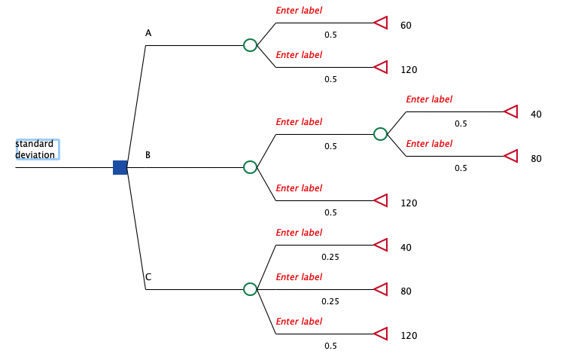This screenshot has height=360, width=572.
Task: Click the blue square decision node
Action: pos(120,167)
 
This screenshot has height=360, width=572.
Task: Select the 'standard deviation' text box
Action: pos(36,149)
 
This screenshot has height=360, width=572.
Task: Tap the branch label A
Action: pos(148,33)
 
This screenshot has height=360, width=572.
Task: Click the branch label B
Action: pos(148,155)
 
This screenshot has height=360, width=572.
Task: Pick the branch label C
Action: pos(148,277)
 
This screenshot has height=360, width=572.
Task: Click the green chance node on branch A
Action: pos(251,45)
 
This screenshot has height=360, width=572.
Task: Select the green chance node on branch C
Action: pos(251,289)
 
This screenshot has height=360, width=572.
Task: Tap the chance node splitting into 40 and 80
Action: pos(381,134)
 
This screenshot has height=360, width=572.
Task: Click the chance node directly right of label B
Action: pos(251,167)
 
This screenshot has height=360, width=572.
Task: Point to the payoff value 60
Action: pos(406,26)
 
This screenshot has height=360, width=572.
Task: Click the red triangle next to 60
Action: pos(381,23)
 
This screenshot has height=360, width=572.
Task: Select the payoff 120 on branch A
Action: pos(409,70)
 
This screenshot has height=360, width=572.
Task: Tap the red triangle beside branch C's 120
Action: pos(381,334)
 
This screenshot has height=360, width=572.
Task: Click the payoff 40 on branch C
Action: pos(406,248)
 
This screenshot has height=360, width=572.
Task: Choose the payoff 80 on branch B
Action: pos(536,159)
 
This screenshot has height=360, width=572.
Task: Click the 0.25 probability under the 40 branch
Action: pos(330,257)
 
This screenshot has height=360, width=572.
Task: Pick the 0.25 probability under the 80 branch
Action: pos(330,301)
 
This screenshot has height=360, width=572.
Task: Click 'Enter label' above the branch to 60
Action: pos(299,11)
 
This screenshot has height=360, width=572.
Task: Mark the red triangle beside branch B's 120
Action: pos(381,200)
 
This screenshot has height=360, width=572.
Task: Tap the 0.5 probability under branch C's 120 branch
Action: pos(330,346)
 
